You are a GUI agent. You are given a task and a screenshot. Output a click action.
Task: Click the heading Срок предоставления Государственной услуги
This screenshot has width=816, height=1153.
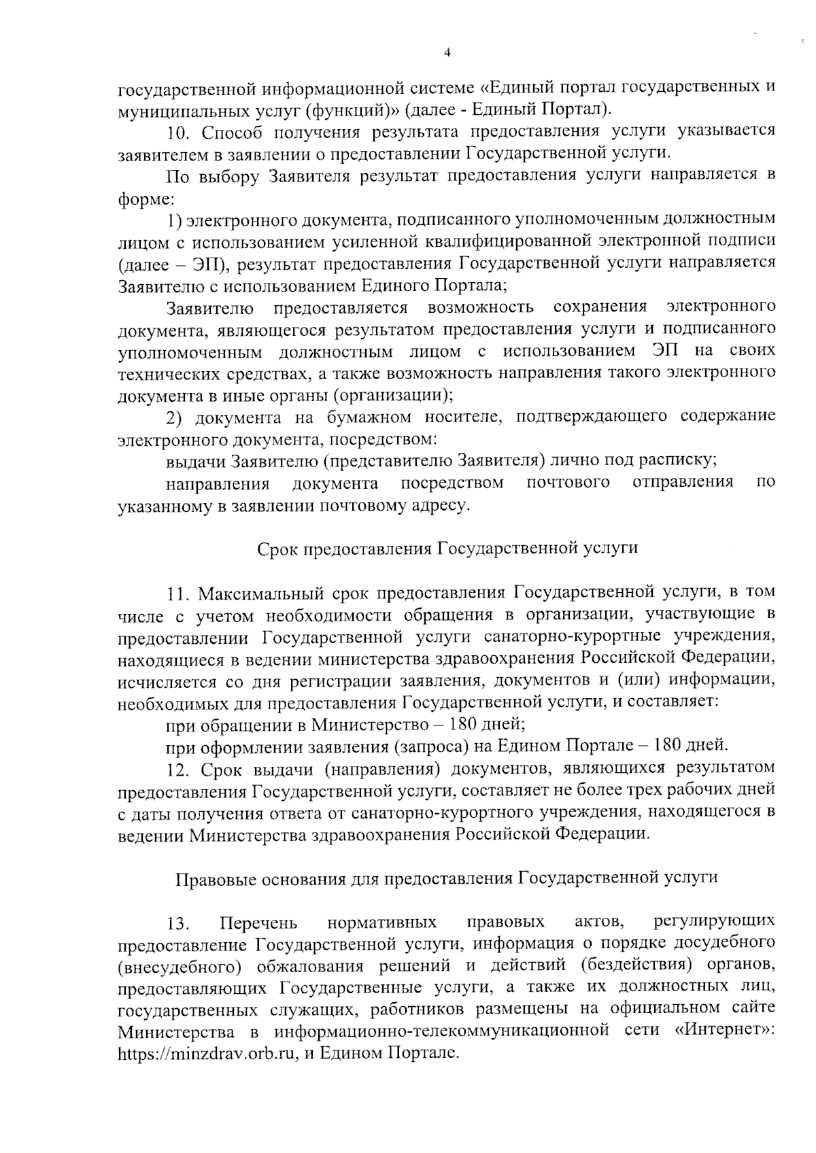[447, 549]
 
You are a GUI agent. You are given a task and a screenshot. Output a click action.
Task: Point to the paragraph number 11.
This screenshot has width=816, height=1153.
[178, 593]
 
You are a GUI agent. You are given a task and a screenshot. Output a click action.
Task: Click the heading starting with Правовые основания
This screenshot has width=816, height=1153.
[447, 878]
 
